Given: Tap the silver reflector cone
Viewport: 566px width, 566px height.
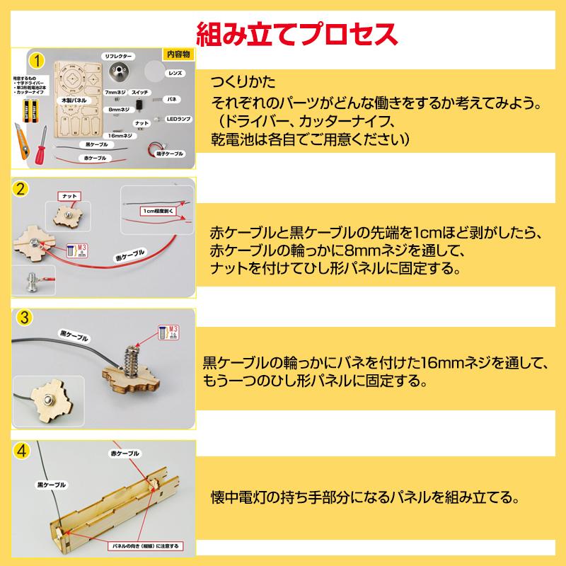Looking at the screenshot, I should click(x=117, y=71).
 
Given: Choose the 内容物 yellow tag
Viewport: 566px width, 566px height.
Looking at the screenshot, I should click(x=177, y=54).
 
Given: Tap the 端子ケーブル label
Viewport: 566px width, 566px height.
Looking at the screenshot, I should click(x=171, y=152).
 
